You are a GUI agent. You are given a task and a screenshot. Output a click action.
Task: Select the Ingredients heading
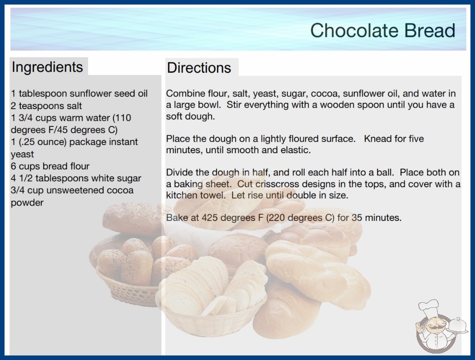(x=47, y=67)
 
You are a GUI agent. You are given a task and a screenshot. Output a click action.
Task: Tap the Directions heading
(x=199, y=68)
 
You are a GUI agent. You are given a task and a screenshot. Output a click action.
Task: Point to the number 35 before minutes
(x=357, y=218)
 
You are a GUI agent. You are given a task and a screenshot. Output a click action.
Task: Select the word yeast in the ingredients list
(x=22, y=155)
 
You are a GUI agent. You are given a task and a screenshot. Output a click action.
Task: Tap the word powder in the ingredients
(x=27, y=203)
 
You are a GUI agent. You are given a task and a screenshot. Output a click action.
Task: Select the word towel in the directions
(x=215, y=195)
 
